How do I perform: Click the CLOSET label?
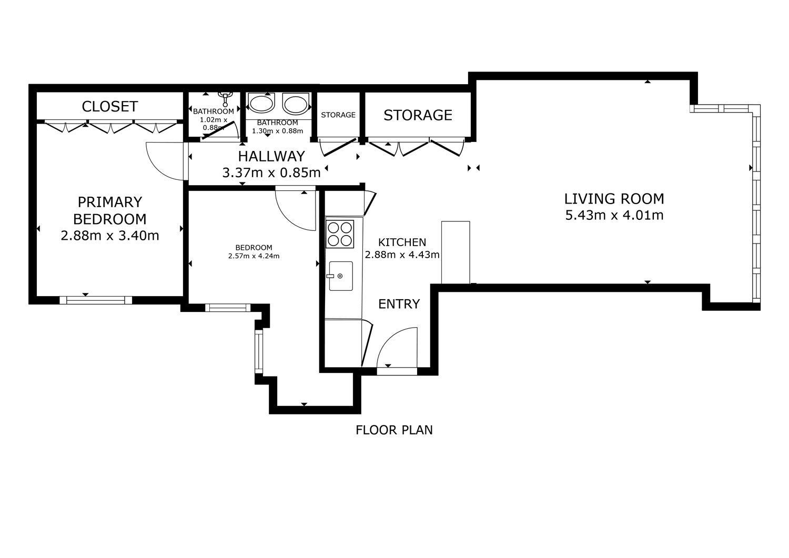(109, 106)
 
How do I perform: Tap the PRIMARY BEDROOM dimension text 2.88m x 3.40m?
(109, 235)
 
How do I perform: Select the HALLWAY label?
(271, 156)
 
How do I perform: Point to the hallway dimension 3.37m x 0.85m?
(271, 173)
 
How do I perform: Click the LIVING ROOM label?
(614, 199)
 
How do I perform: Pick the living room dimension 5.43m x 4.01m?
(614, 215)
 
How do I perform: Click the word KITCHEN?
(402, 242)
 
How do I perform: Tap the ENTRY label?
(399, 303)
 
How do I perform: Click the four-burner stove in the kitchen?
(340, 234)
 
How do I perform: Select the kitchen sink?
(341, 276)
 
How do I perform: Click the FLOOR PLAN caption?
(394, 430)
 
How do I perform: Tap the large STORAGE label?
(418, 115)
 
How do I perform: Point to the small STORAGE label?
(338, 115)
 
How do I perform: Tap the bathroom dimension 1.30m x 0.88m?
(277, 131)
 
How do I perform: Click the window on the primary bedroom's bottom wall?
(95, 300)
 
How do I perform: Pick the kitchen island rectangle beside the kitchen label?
(456, 252)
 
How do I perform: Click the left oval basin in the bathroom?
(261, 104)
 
